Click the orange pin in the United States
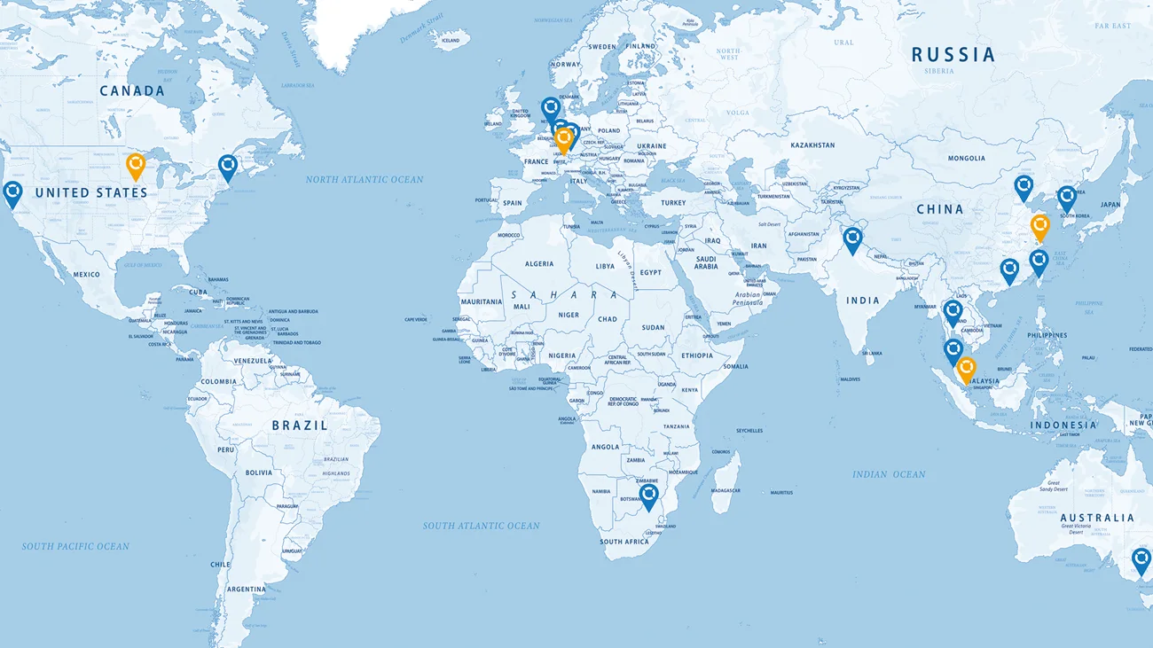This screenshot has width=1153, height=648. click(136, 165)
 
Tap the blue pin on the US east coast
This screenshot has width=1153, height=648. click(228, 167)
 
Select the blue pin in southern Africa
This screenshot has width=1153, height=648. click(649, 496)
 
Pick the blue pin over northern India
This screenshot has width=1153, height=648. click(852, 239)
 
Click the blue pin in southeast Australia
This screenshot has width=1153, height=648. click(1141, 560)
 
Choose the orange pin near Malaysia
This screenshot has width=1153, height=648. click(966, 369)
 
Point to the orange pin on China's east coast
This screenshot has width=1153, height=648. click(1040, 226)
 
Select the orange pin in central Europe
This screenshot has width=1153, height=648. click(563, 139)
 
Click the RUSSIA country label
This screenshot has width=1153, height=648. click(953, 55)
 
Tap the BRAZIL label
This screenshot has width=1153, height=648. click(300, 425)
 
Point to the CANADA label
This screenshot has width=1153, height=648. click(132, 91)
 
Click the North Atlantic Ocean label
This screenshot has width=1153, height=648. click(365, 180)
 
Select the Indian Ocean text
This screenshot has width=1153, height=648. click(889, 474)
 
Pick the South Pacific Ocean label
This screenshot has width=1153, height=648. click(75, 547)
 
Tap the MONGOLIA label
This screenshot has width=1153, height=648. click(966, 159)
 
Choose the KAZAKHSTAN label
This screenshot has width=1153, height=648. click(812, 145)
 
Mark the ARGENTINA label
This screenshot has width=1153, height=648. click(245, 589)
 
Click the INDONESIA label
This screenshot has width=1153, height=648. click(1063, 425)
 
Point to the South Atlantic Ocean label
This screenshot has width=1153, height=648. click(481, 526)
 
